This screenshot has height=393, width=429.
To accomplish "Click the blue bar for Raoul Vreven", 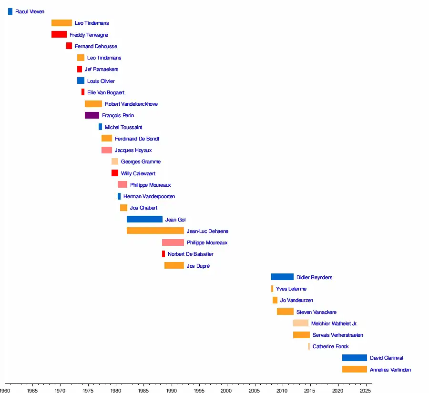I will tap(10, 11).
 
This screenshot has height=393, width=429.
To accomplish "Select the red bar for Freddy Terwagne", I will tap(59, 34).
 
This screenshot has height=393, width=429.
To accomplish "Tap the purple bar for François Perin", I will tap(92, 115).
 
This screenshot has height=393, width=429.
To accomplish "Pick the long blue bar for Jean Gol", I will tap(144, 219).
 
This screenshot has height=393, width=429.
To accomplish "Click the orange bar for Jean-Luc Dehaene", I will tap(155, 231).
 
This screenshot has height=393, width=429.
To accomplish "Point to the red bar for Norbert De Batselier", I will tap(163, 254).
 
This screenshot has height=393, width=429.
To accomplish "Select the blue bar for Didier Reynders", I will tap(282, 277).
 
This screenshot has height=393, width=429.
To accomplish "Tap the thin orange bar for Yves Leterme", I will tap(272, 289).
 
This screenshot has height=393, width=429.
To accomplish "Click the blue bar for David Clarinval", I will tap(354, 358).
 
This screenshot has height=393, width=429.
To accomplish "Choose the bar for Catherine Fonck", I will tap(309, 346).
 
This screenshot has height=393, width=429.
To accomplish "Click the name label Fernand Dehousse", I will tap(96, 46).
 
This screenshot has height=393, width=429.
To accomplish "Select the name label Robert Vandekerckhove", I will tap(131, 104).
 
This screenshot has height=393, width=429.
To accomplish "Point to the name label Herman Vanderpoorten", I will tap(149, 196).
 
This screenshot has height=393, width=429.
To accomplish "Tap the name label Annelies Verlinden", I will tap(390, 370).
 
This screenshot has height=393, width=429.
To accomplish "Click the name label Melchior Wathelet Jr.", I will tap(334, 323).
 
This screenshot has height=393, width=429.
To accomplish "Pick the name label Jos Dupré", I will tap(198, 266).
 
